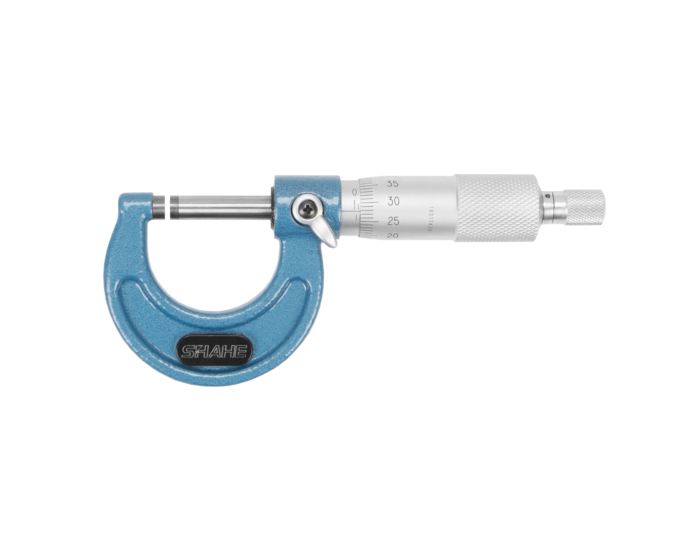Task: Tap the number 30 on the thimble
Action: click(393, 201)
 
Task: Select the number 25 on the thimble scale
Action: click(393, 221)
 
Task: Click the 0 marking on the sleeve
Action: click(354, 192)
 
